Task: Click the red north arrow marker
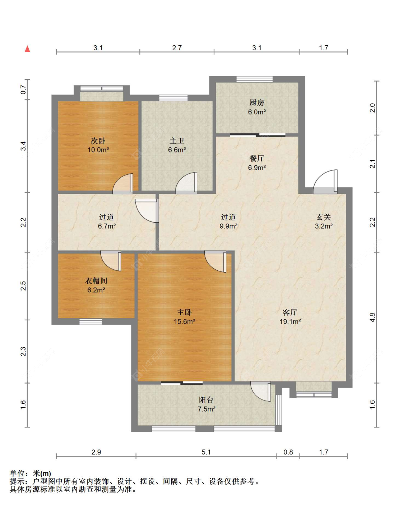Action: tap(27, 49)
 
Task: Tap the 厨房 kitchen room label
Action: tap(257, 103)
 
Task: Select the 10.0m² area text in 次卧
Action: tap(98, 150)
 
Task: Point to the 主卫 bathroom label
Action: tap(177, 141)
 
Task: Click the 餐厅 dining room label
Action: tap(257, 159)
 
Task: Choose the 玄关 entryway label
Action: tap(324, 217)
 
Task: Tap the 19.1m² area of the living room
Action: tap(290, 321)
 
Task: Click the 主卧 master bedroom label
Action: tap(184, 312)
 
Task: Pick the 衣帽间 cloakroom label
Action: tap(96, 281)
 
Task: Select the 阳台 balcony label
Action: tap(206, 400)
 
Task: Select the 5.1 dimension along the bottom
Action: tap(206, 452)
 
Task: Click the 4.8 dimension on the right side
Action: tap(372, 317)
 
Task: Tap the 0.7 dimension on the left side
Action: tap(23, 90)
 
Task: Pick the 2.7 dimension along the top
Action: tap(177, 48)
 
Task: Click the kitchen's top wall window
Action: tap(255, 79)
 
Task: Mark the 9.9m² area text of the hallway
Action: tap(228, 226)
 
